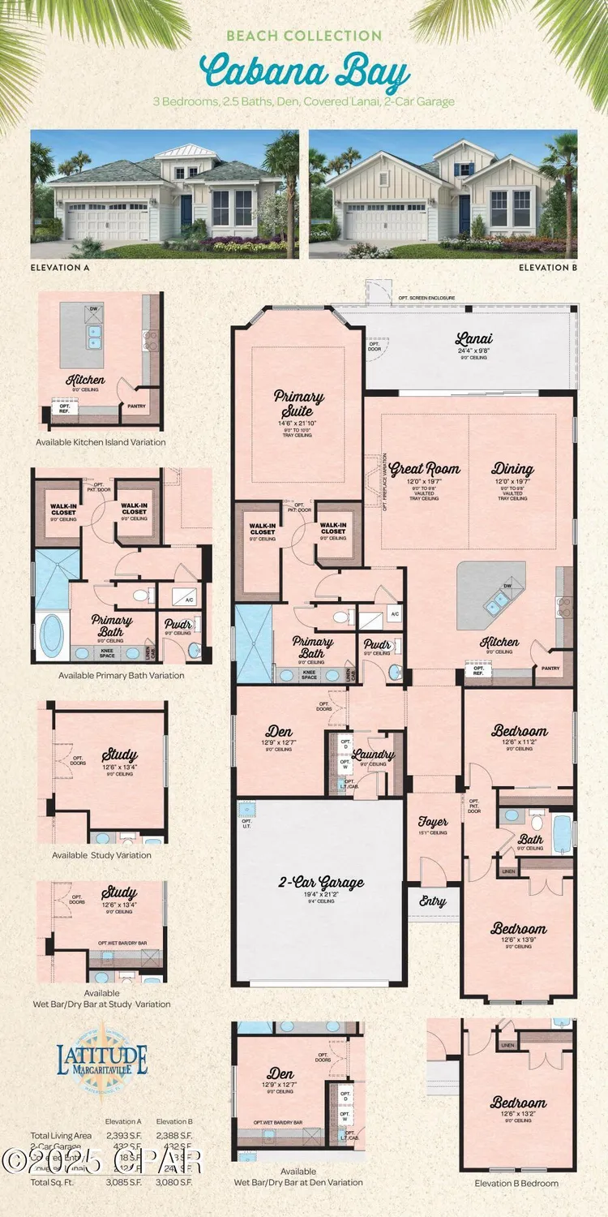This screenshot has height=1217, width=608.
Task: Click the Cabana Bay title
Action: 304,73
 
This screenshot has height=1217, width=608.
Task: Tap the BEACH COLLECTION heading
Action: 304,36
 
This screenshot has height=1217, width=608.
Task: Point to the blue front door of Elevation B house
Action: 464,213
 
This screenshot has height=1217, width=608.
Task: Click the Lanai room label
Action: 474,340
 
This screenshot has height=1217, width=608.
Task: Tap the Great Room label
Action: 425,469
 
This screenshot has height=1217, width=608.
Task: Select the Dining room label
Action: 512,469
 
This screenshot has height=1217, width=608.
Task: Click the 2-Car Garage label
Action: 322,883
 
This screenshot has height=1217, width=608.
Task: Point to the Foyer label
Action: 427,821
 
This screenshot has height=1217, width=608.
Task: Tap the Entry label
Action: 433,901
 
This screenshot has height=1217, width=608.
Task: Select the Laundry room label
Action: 374,755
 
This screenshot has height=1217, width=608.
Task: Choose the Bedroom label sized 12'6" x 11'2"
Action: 520,731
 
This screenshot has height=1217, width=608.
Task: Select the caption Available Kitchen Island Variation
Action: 101,442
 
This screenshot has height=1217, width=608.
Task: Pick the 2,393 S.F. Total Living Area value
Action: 123,1135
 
